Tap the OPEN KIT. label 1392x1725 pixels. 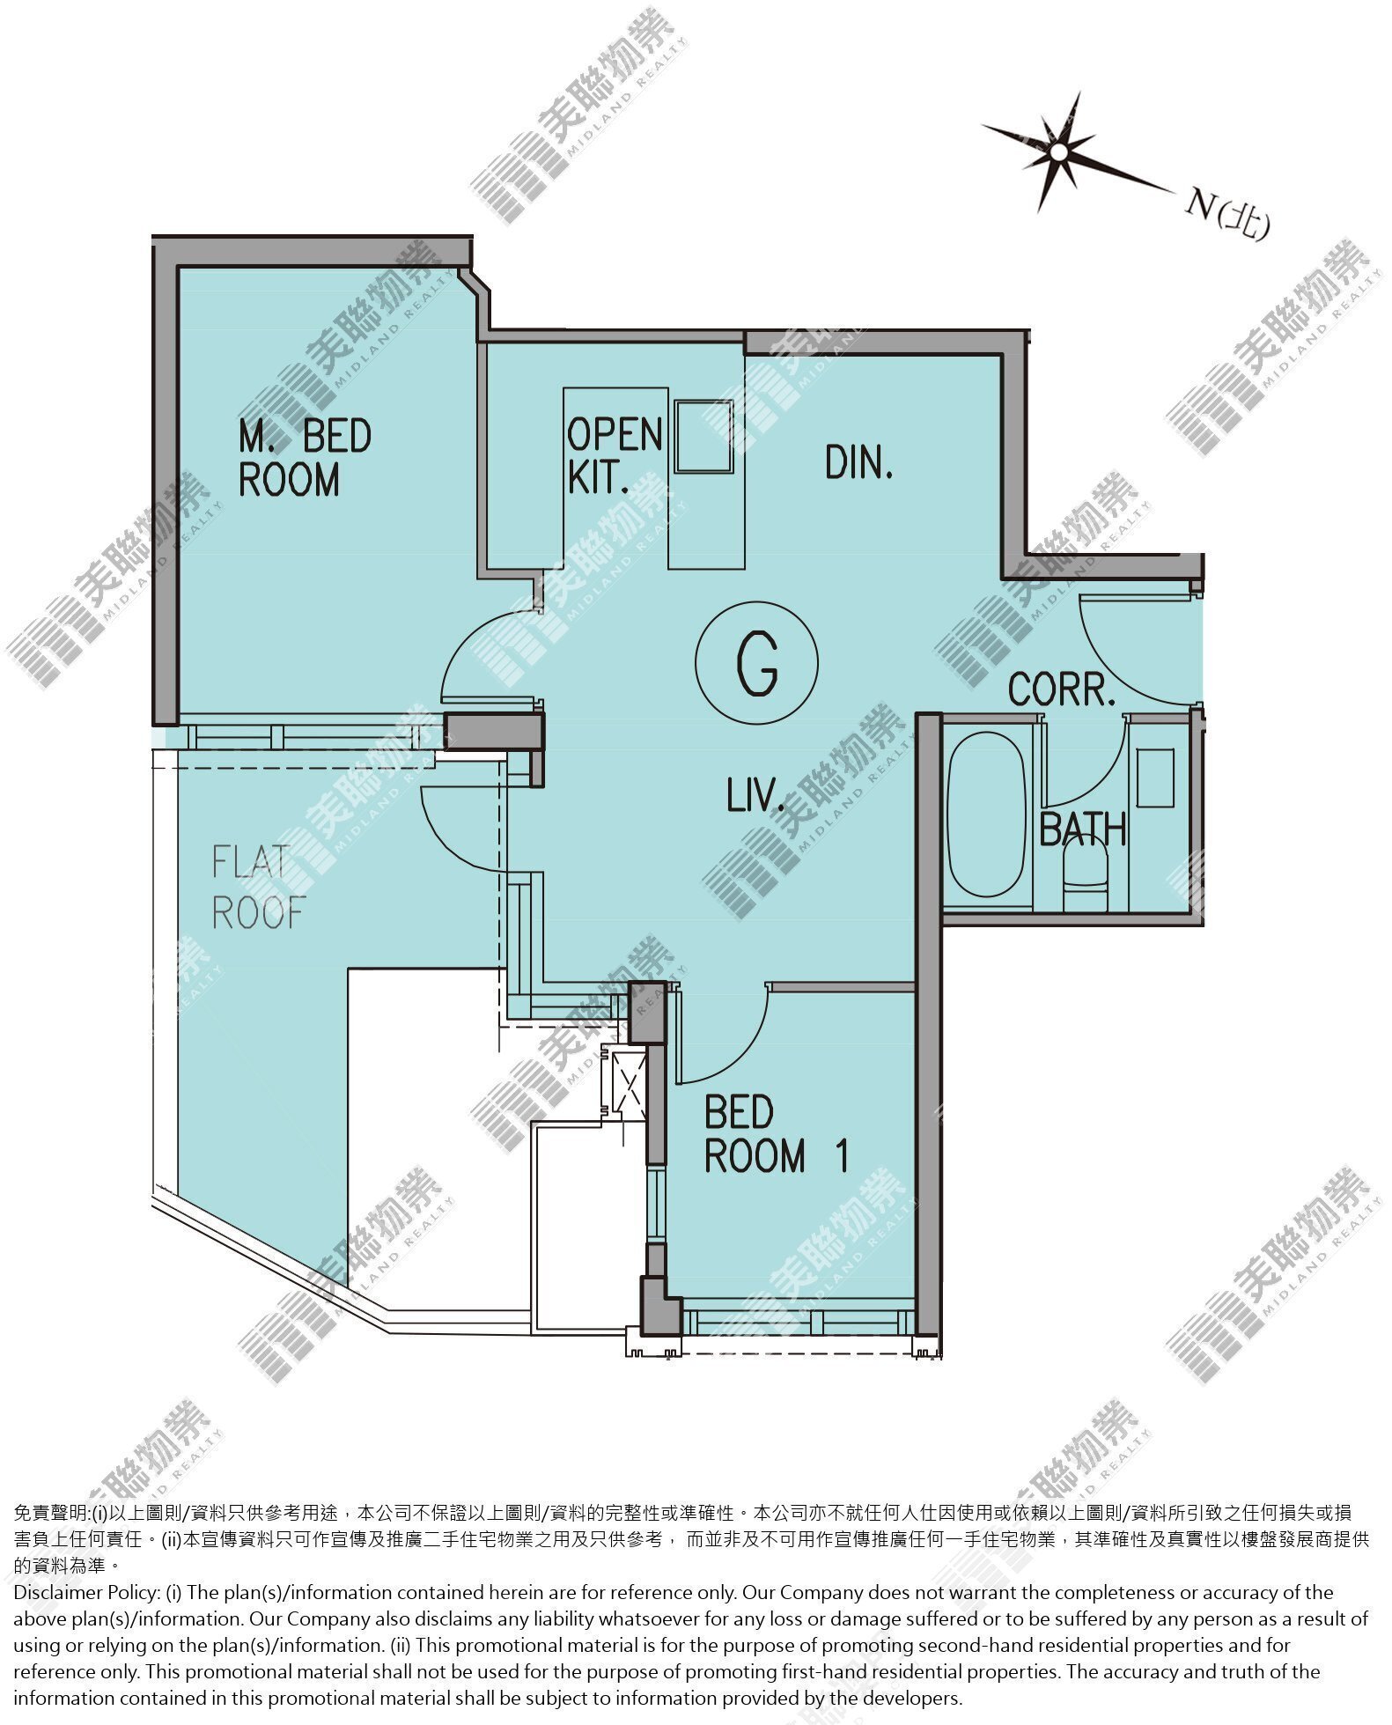tap(614, 455)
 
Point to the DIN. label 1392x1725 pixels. tap(859, 462)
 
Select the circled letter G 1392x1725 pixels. tap(757, 662)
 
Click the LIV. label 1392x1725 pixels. tap(755, 797)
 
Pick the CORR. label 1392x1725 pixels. tap(1062, 689)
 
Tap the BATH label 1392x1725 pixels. tap(1083, 829)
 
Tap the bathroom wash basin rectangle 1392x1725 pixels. tap(1154, 778)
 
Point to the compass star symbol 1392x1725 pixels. tap(1057, 153)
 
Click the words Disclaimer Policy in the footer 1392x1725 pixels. tap(85, 1592)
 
